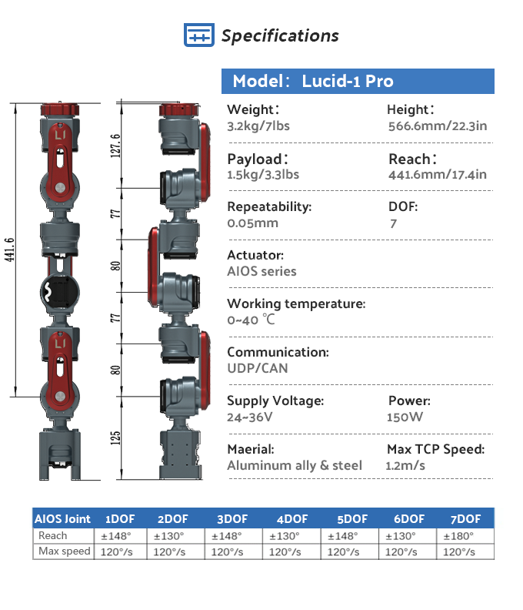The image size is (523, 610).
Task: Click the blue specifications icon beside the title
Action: point(199,35)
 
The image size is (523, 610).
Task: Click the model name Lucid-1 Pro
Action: point(348,81)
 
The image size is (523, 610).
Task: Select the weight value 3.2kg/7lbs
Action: point(258,126)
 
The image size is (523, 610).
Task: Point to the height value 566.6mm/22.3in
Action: point(438,126)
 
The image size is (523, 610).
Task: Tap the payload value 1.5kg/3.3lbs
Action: point(263,175)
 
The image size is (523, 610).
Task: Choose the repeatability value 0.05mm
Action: point(252,223)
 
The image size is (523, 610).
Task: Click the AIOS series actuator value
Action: point(262,271)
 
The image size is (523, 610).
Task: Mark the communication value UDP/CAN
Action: point(258,368)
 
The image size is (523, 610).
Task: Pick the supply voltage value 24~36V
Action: point(250,417)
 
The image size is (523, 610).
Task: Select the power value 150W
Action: point(405,417)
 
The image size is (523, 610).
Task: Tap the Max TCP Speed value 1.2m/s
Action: point(405,465)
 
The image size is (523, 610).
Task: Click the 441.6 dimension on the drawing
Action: point(10,250)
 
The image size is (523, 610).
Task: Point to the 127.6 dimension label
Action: point(115,146)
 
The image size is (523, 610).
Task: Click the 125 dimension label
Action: point(115,438)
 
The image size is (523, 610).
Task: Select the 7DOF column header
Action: point(465,519)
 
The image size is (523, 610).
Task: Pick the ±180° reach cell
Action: point(458,536)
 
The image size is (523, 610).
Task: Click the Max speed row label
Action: point(65,551)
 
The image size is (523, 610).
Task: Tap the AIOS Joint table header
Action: point(62,519)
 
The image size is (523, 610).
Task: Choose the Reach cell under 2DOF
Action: point(168,536)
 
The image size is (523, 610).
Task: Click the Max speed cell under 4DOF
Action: point(285,552)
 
